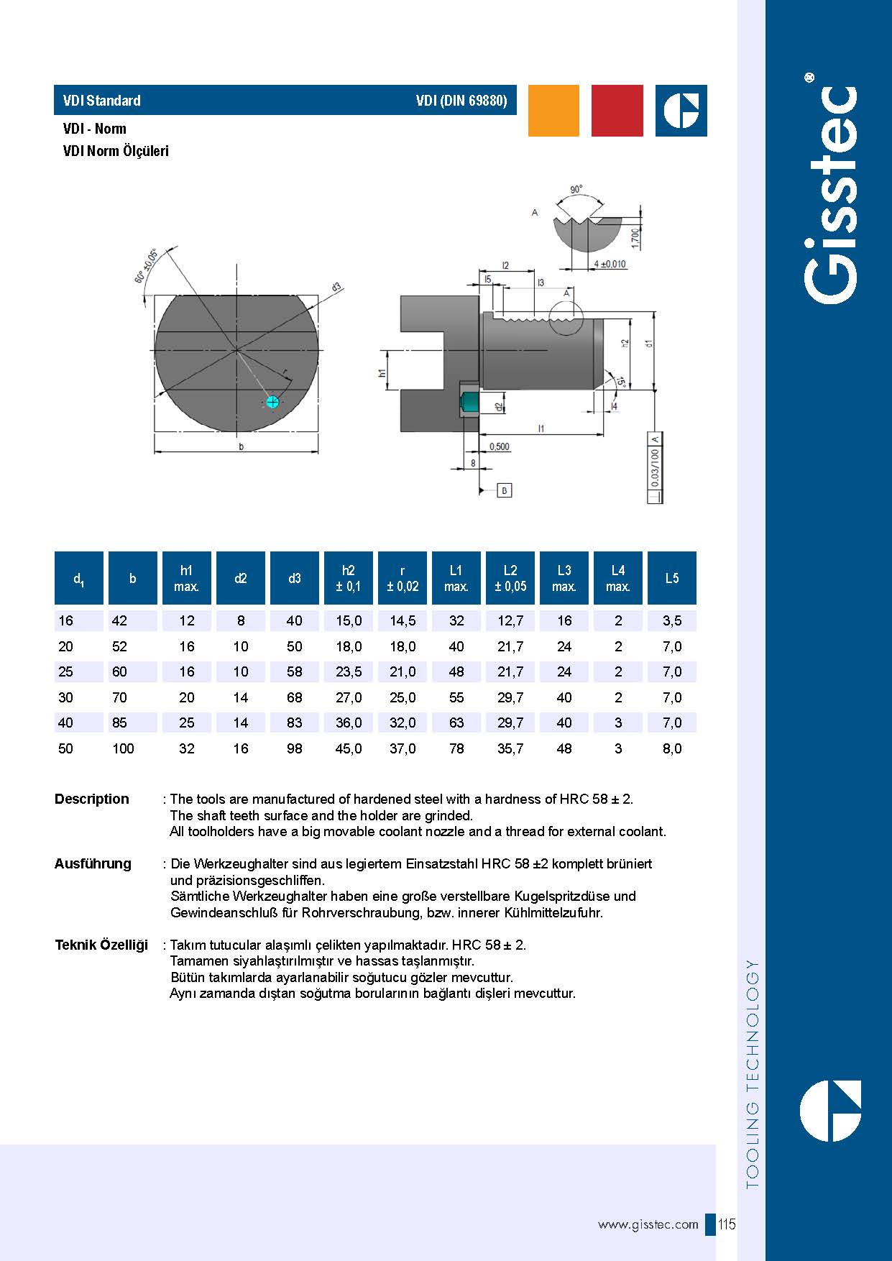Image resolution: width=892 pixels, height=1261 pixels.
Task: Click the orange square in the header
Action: tap(553, 111)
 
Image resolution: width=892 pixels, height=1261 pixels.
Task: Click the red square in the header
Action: tap(617, 111)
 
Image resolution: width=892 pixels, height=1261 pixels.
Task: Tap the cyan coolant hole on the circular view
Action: tap(272, 402)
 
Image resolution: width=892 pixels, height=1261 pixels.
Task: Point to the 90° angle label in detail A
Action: tap(576, 189)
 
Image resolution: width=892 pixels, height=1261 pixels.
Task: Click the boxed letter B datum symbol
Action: tap(505, 490)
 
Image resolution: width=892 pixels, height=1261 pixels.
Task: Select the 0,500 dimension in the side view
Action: tap(499, 446)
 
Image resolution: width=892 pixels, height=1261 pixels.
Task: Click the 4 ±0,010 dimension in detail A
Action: tap(610, 264)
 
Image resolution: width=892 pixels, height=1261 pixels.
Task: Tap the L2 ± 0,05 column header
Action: tap(510, 578)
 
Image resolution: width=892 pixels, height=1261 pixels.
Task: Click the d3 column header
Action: tap(295, 578)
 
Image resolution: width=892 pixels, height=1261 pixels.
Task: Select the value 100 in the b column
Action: tap(123, 748)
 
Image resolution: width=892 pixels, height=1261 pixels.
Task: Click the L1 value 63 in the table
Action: tap(456, 723)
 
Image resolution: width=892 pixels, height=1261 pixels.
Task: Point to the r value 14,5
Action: tap(403, 620)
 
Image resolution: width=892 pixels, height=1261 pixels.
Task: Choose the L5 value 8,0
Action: tap(672, 748)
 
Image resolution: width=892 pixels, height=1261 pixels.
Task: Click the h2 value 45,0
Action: tap(349, 748)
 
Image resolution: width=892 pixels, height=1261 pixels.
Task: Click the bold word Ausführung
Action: tap(93, 863)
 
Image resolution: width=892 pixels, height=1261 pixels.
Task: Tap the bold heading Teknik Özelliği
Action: tap(101, 945)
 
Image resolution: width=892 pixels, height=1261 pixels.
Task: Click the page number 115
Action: tap(727, 1224)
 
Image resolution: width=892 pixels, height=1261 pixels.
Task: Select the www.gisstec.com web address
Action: tap(648, 1224)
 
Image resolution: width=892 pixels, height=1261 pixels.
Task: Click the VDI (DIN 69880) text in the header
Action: tap(461, 101)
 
